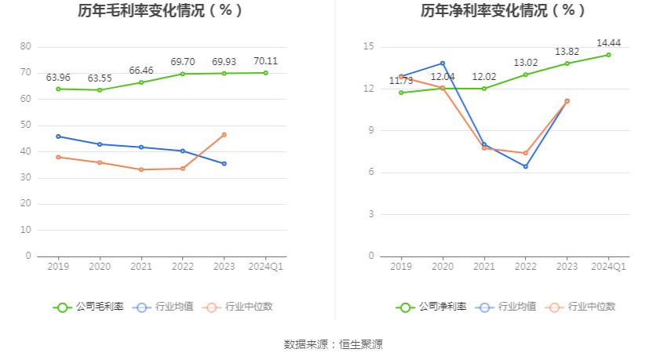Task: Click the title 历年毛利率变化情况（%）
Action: [160, 11]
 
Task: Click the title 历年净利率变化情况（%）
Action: [503, 11]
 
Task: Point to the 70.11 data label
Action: [265, 61]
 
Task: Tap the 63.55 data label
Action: [100, 78]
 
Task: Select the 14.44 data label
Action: [608, 43]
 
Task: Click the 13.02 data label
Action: [526, 63]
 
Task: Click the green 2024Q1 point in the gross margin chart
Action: [265, 73]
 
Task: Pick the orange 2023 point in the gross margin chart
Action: [224, 135]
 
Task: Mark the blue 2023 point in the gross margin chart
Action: [224, 163]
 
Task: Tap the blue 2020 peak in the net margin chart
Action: [443, 64]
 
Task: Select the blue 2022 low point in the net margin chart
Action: [526, 166]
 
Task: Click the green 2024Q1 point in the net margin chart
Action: [608, 55]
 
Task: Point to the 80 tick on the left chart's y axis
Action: [26, 47]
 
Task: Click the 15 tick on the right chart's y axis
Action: [368, 47]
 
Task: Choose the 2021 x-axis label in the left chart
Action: [141, 267]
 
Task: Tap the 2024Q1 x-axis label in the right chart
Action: [608, 267]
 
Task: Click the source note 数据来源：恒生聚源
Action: [333, 344]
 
